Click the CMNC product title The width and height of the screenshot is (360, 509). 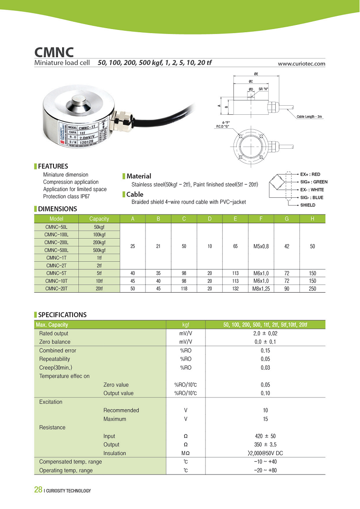tap(54, 51)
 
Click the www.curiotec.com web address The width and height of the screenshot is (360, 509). tap(302, 64)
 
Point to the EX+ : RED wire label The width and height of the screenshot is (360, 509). tap(310, 174)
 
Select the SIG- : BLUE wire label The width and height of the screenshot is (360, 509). tap(312, 197)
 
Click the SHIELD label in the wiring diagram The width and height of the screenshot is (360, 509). tap(308, 205)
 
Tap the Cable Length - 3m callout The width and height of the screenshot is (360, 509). tap(310, 117)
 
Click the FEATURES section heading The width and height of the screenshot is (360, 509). tap(53, 166)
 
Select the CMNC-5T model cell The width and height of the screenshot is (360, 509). tap(57, 273)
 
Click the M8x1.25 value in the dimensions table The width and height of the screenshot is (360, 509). tap(261, 289)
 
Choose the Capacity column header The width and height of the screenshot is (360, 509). tap(99, 219)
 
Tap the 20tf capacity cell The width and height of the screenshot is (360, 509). tap(99, 289)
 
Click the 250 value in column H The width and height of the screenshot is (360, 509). tap(312, 289)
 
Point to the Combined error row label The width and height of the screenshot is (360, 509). tap(58, 351)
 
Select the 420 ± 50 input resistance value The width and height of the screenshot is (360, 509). tap(265, 436)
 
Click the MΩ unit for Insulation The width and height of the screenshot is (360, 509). tap(186, 454)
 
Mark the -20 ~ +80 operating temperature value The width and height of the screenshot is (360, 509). tap(265, 470)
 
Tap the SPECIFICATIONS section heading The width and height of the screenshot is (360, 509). tap(62, 315)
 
